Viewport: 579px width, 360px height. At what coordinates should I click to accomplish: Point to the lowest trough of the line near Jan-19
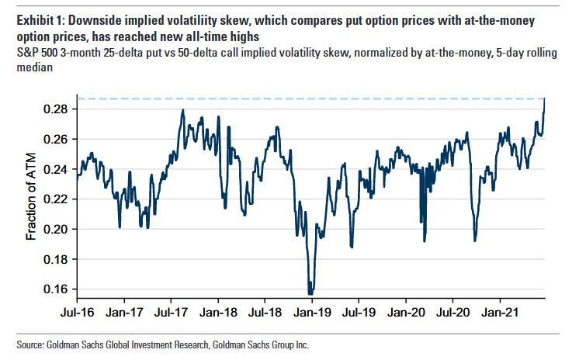pos(310,293)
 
